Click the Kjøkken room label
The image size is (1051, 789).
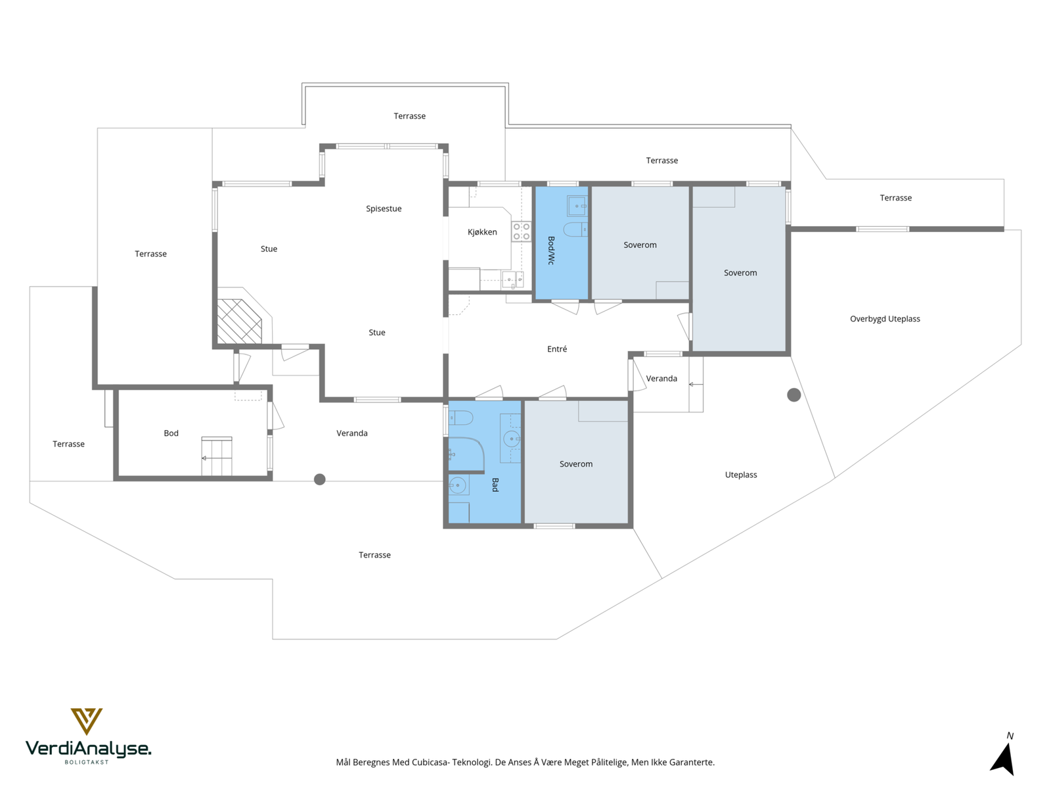[482, 232]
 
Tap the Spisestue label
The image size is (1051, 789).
[384, 209]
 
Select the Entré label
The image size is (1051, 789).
[557, 349]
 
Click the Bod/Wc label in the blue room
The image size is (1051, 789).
[551, 251]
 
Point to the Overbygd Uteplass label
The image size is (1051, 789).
[885, 319]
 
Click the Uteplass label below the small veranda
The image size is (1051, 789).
[741, 475]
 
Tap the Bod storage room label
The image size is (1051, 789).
[171, 433]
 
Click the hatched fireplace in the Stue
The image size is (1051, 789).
[239, 322]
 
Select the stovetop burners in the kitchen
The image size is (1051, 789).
[522, 231]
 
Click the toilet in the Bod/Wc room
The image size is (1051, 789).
[575, 230]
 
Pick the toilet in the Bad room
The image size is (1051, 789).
[460, 418]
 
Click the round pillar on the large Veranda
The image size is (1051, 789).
[319, 479]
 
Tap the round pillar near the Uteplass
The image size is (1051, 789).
[794, 395]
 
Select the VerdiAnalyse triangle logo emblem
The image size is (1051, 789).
[87, 721]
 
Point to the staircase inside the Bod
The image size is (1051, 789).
[216, 456]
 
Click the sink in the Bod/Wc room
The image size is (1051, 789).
[577, 206]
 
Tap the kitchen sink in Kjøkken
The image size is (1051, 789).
[512, 279]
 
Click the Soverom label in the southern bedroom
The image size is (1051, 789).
[576, 464]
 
